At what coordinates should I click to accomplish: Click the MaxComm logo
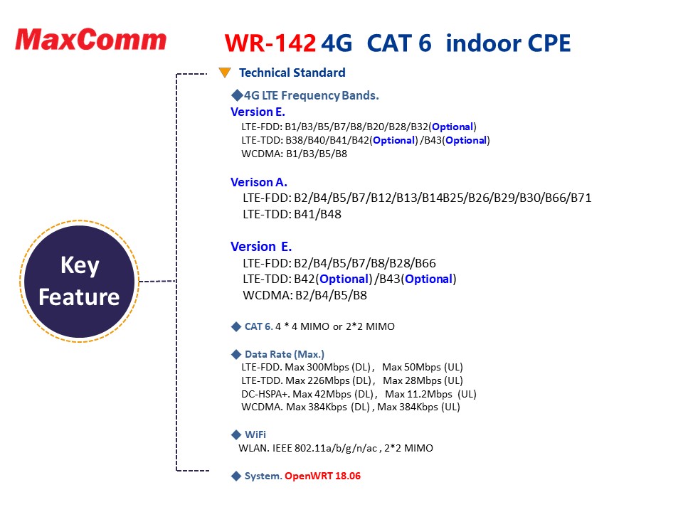click(x=90, y=40)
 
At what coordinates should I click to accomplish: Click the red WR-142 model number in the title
click(x=270, y=43)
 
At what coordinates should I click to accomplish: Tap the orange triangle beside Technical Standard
click(x=225, y=73)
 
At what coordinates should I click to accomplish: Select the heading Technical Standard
click(x=292, y=73)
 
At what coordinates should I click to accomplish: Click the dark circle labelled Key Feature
click(x=79, y=282)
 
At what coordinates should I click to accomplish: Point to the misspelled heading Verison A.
click(x=259, y=182)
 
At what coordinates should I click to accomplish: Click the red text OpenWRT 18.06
click(x=323, y=476)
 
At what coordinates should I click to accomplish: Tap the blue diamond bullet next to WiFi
click(x=236, y=434)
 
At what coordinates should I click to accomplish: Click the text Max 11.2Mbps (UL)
click(x=431, y=394)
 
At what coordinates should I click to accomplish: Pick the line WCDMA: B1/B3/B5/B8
click(x=294, y=154)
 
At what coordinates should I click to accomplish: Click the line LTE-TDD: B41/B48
click(x=292, y=214)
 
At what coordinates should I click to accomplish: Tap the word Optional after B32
click(x=452, y=127)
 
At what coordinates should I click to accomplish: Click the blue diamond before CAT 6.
click(x=236, y=326)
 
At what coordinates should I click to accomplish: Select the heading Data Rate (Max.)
click(x=285, y=354)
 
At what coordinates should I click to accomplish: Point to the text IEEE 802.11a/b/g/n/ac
click(x=324, y=448)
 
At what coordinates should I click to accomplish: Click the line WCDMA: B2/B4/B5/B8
click(x=305, y=295)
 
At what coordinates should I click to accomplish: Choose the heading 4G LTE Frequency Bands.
click(x=311, y=95)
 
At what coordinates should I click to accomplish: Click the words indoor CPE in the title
click(x=508, y=43)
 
